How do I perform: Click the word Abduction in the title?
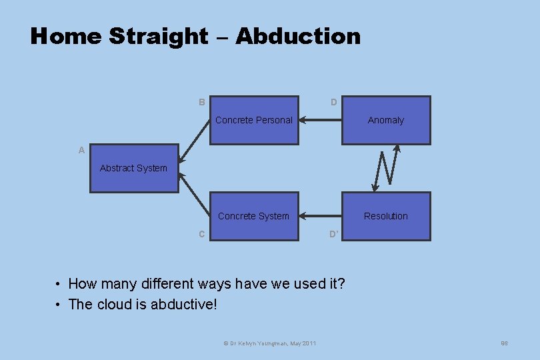point(297,36)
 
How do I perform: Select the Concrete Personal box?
point(254,121)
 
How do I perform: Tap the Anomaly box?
point(386,121)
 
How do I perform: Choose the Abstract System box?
point(134,169)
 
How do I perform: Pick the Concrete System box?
point(254,216)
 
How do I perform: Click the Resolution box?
point(386,216)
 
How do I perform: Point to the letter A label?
point(81,151)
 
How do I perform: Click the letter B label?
point(201,103)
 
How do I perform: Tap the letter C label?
point(201,234)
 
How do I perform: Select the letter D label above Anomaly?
point(333,103)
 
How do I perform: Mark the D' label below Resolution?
point(334,234)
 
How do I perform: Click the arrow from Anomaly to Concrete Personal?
point(320,121)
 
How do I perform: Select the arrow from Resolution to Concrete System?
point(320,216)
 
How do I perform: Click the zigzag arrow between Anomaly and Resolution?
point(387,168)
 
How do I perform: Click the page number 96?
point(505,343)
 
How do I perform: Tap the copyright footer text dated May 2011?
point(269,343)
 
